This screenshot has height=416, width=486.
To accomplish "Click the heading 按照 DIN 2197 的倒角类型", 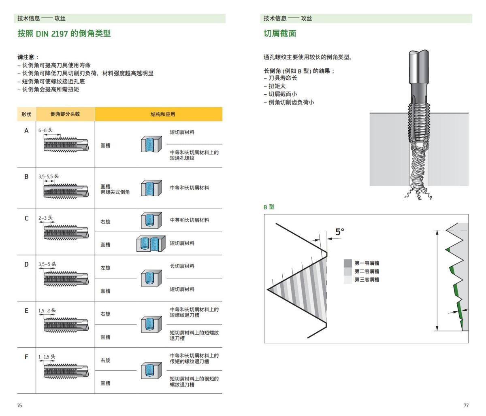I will pos(64,34).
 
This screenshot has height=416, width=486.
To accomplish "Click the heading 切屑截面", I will pos(280,34).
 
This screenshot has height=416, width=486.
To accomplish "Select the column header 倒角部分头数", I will pos(65,114).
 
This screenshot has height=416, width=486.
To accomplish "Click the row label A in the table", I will pos(27,131).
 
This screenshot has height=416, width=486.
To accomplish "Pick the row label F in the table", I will pos(27,357).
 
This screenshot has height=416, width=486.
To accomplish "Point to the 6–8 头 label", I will pos(45,130).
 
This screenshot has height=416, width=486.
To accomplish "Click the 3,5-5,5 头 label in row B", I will pos(49,176).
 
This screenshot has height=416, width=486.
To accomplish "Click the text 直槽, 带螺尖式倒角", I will pos(115,189).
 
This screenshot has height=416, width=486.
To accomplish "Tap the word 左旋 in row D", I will pos(105,268).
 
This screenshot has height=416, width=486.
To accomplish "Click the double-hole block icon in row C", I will pos(150,243).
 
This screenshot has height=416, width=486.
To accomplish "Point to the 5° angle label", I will pos(340,232).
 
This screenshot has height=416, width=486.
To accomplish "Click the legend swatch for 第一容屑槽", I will pos(348,263).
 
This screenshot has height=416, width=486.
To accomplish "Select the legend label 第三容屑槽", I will pos(367,280).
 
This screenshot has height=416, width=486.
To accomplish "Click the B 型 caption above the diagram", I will pos(269,207).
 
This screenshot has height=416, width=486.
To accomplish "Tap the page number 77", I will pos(466,405).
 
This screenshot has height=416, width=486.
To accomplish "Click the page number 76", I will pos(19,405).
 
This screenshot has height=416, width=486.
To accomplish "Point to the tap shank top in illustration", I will pos(419,55).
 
